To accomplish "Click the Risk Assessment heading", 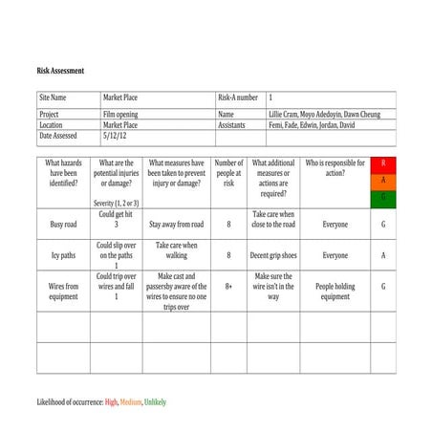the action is (x=60, y=71).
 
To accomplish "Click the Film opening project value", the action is (x=119, y=115).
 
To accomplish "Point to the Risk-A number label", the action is (x=238, y=97).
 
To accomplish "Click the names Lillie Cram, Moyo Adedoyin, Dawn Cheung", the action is (x=324, y=115).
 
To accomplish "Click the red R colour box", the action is (x=383, y=163).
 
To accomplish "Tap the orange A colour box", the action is (x=383, y=181).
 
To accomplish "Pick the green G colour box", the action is (x=383, y=197).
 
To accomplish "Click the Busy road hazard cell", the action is (x=63, y=226).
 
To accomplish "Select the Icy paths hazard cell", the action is (x=63, y=255).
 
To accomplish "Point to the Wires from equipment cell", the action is (x=63, y=291).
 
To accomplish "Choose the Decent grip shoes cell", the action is (x=273, y=255).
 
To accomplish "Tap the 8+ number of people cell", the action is (x=228, y=286).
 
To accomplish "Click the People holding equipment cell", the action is (x=335, y=291).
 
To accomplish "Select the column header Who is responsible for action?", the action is (x=335, y=168).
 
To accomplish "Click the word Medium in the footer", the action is (x=131, y=402).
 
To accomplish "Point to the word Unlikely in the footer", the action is (x=156, y=402).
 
